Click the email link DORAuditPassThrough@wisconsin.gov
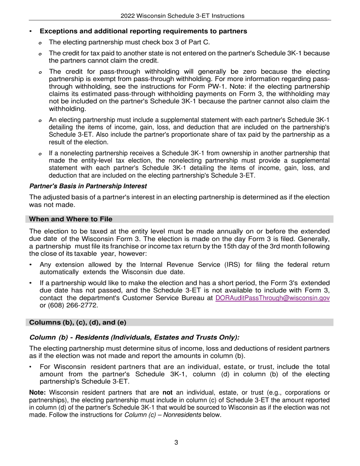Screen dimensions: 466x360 click(x=272, y=298)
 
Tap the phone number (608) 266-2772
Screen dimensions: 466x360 click(x=67, y=305)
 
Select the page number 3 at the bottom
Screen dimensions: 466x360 click(x=176, y=443)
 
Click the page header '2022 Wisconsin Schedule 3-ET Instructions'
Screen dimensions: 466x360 click(x=182, y=16)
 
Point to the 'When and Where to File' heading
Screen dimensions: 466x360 click(x=70, y=219)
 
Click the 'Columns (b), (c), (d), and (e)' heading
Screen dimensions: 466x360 click(x=78, y=322)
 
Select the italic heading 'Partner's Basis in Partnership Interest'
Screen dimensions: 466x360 click(x=88, y=186)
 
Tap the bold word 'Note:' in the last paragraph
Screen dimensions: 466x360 click(x=38, y=393)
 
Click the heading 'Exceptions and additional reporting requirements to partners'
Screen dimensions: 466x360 click(x=143, y=31)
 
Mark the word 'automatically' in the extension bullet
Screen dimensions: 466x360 click(x=59, y=272)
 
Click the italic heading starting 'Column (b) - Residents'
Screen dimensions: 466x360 click(x=134, y=337)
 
